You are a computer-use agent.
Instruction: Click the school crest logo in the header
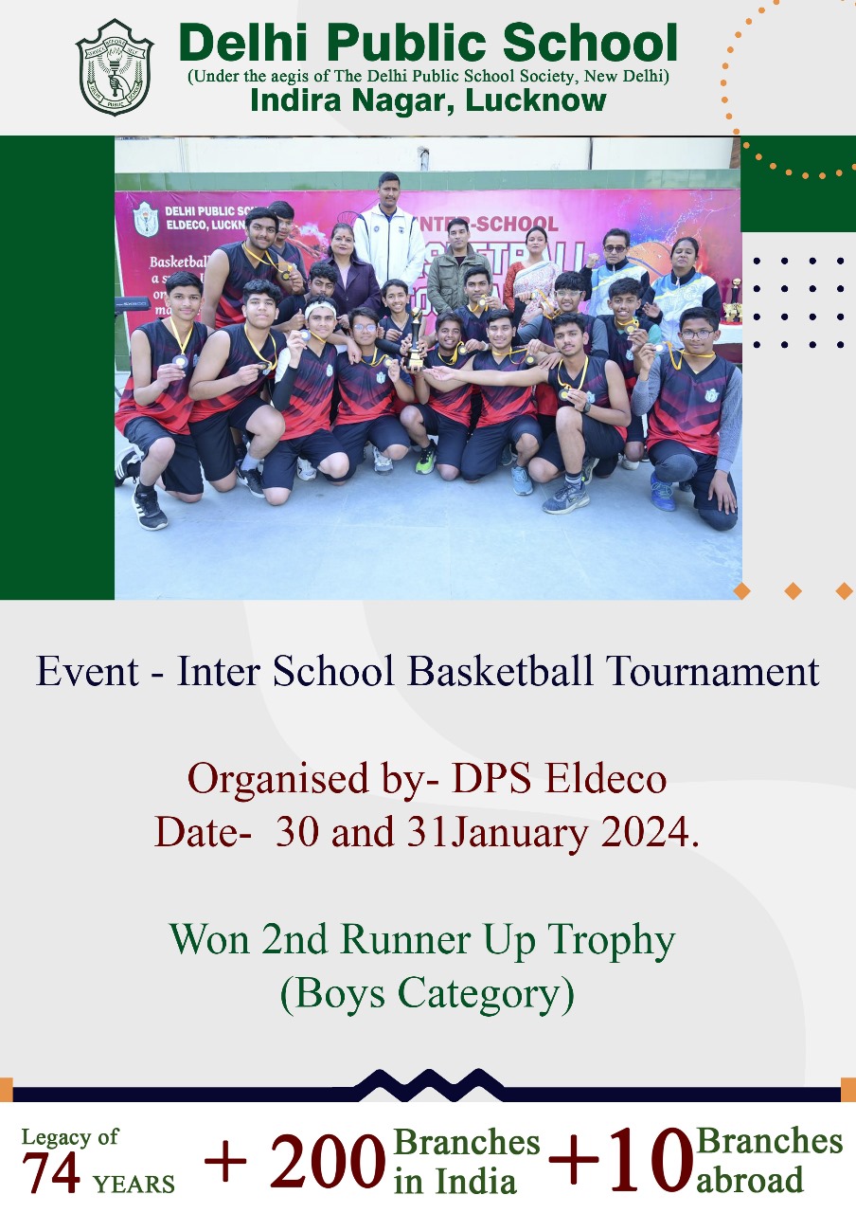click(x=115, y=67)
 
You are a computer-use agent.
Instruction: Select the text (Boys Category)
click(x=427, y=993)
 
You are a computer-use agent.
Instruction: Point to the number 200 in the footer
click(x=328, y=1162)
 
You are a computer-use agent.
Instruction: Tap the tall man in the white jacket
click(x=389, y=227)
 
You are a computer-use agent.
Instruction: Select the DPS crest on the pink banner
click(x=146, y=219)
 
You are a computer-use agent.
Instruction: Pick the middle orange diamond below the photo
click(x=794, y=591)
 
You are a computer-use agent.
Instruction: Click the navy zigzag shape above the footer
click(x=428, y=1084)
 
